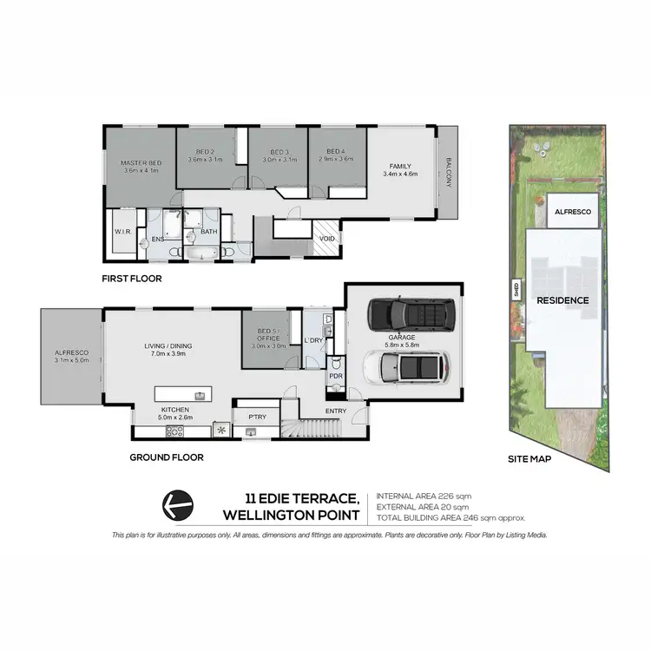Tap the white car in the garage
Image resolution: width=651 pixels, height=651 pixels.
407,368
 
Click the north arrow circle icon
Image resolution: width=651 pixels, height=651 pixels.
178,503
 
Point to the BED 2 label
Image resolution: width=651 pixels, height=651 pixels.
207,152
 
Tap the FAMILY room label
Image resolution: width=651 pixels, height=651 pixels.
400,166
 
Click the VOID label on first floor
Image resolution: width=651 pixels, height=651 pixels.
327,238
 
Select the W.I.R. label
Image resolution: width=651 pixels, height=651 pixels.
122,232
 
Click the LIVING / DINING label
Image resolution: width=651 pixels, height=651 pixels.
168,347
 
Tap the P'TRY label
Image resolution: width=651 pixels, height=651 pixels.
256,417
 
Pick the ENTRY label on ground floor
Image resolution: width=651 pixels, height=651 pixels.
336,411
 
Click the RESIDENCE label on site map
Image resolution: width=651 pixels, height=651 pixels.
562,300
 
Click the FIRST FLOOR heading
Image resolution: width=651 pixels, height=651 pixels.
133,279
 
